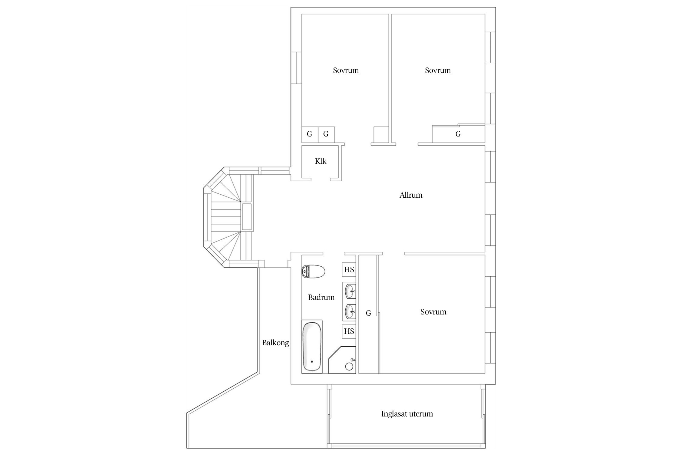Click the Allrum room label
(x=411, y=195)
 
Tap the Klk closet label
(x=321, y=161)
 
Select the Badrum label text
(x=321, y=297)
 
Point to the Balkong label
(x=275, y=343)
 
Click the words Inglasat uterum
(x=407, y=414)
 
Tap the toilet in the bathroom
(x=313, y=271)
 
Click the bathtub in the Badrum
(x=312, y=347)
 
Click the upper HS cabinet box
(x=349, y=270)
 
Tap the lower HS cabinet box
(x=349, y=331)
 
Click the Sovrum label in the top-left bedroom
(x=346, y=70)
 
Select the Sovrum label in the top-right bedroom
(x=438, y=70)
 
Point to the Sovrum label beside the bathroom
(x=433, y=312)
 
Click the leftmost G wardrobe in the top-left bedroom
(x=310, y=134)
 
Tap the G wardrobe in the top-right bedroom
(x=458, y=134)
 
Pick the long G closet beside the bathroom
(x=368, y=314)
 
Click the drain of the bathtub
(x=312, y=361)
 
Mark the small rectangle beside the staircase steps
(x=247, y=217)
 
